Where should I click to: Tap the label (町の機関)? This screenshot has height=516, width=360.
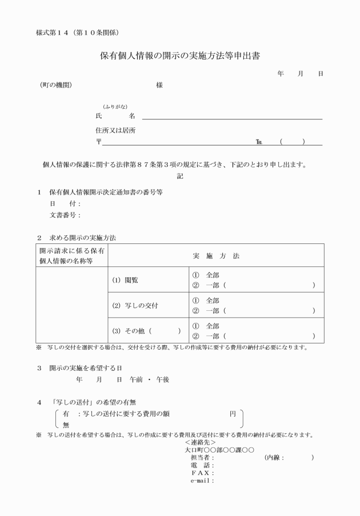[56, 85]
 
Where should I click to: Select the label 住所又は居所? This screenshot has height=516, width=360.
[115, 130]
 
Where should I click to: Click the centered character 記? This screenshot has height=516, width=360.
[180, 177]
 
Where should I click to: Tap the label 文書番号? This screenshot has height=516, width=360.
[65, 215]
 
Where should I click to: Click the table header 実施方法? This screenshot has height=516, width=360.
[216, 256]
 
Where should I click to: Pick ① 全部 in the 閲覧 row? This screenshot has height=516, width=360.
[206, 275]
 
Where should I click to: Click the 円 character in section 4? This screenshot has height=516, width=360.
[233, 413]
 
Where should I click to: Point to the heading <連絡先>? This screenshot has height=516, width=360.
[201, 442]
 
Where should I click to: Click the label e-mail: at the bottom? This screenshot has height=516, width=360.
[202, 481]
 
